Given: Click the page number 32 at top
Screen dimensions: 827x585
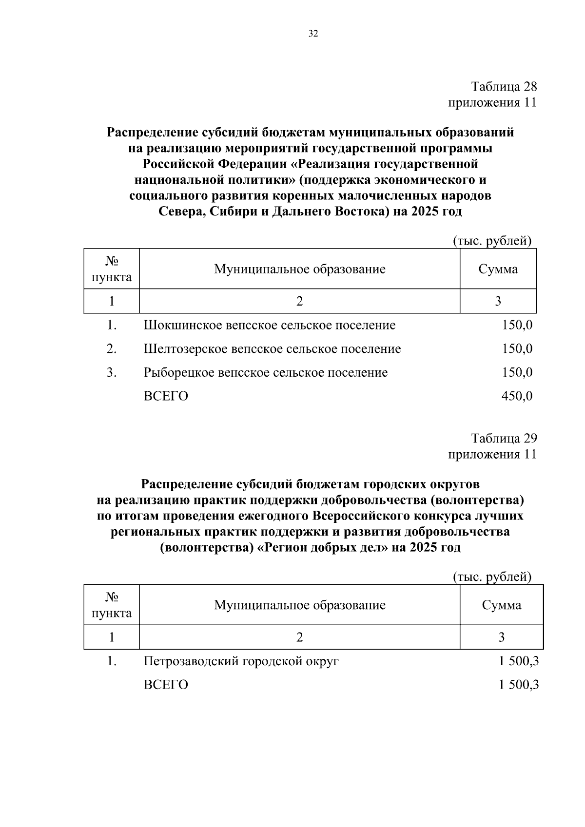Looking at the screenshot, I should coord(313,34).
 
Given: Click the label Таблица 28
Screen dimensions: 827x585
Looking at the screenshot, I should coord(504,87).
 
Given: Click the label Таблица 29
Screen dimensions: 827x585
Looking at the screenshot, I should coord(504,438).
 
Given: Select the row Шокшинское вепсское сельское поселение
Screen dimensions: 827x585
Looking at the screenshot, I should coord(270,325).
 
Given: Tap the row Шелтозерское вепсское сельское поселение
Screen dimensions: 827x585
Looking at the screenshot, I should coord(272,349).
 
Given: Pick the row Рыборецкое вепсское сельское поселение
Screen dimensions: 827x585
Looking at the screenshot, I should coord(266,373).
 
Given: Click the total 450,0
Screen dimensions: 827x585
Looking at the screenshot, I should coord(517,396).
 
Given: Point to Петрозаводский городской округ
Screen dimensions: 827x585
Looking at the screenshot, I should coord(241,661).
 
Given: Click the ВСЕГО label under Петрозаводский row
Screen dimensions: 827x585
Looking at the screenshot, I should coord(166,685).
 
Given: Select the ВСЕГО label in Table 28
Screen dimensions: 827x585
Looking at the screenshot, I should coord(166,396).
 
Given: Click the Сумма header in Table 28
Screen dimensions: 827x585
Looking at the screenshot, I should coord(498,269).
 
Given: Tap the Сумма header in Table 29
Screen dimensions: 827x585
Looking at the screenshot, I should coord(501,605).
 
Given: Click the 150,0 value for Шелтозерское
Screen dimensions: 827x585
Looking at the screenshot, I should coord(517,349).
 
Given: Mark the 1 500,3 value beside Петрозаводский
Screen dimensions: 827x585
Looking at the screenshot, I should coord(518,661).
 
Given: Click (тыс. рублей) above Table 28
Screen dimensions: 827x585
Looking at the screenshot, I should coord(492,241).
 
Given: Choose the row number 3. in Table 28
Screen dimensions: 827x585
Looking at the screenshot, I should coord(112,373).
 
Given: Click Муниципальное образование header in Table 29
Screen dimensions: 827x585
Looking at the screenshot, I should coord(299,605).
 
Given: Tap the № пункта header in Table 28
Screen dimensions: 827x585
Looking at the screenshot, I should coord(112,269).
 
